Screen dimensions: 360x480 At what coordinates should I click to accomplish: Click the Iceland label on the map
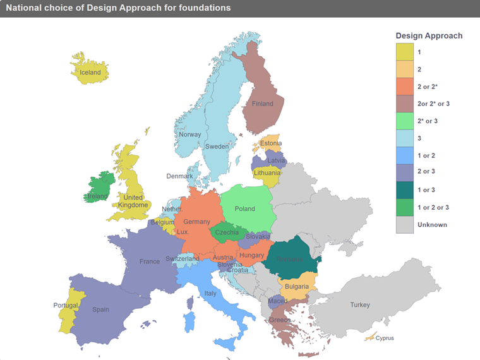pos(90,73)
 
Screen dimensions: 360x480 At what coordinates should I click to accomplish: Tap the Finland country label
pos(262,104)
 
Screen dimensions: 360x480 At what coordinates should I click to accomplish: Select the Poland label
pos(244,209)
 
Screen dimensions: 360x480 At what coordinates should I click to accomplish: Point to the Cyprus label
pos(384,338)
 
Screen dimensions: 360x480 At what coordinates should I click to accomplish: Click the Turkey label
pos(360,305)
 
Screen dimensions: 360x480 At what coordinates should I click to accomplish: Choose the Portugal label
pos(66,306)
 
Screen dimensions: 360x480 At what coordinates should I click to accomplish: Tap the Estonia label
pos(270,143)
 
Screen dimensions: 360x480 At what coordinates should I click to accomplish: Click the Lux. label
pos(183,232)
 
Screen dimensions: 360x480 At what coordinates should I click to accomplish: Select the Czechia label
pos(227,232)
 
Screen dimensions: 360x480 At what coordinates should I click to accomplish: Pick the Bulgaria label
pos(296,286)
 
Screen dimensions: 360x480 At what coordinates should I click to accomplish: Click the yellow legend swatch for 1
pos(404,51)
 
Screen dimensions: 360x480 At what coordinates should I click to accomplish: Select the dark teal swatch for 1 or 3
pos(404,189)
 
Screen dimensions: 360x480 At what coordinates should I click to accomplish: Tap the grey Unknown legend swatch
pos(404,225)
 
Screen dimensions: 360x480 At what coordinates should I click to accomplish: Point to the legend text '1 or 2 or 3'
pos(433,207)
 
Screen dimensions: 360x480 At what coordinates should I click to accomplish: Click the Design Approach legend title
pos(429,35)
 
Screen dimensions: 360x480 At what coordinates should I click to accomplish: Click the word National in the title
pos(25,8)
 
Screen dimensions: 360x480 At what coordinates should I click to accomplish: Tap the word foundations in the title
pos(206,8)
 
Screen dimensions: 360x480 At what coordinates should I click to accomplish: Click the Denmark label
pos(180,176)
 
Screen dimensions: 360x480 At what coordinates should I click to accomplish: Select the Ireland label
pos(97,196)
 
